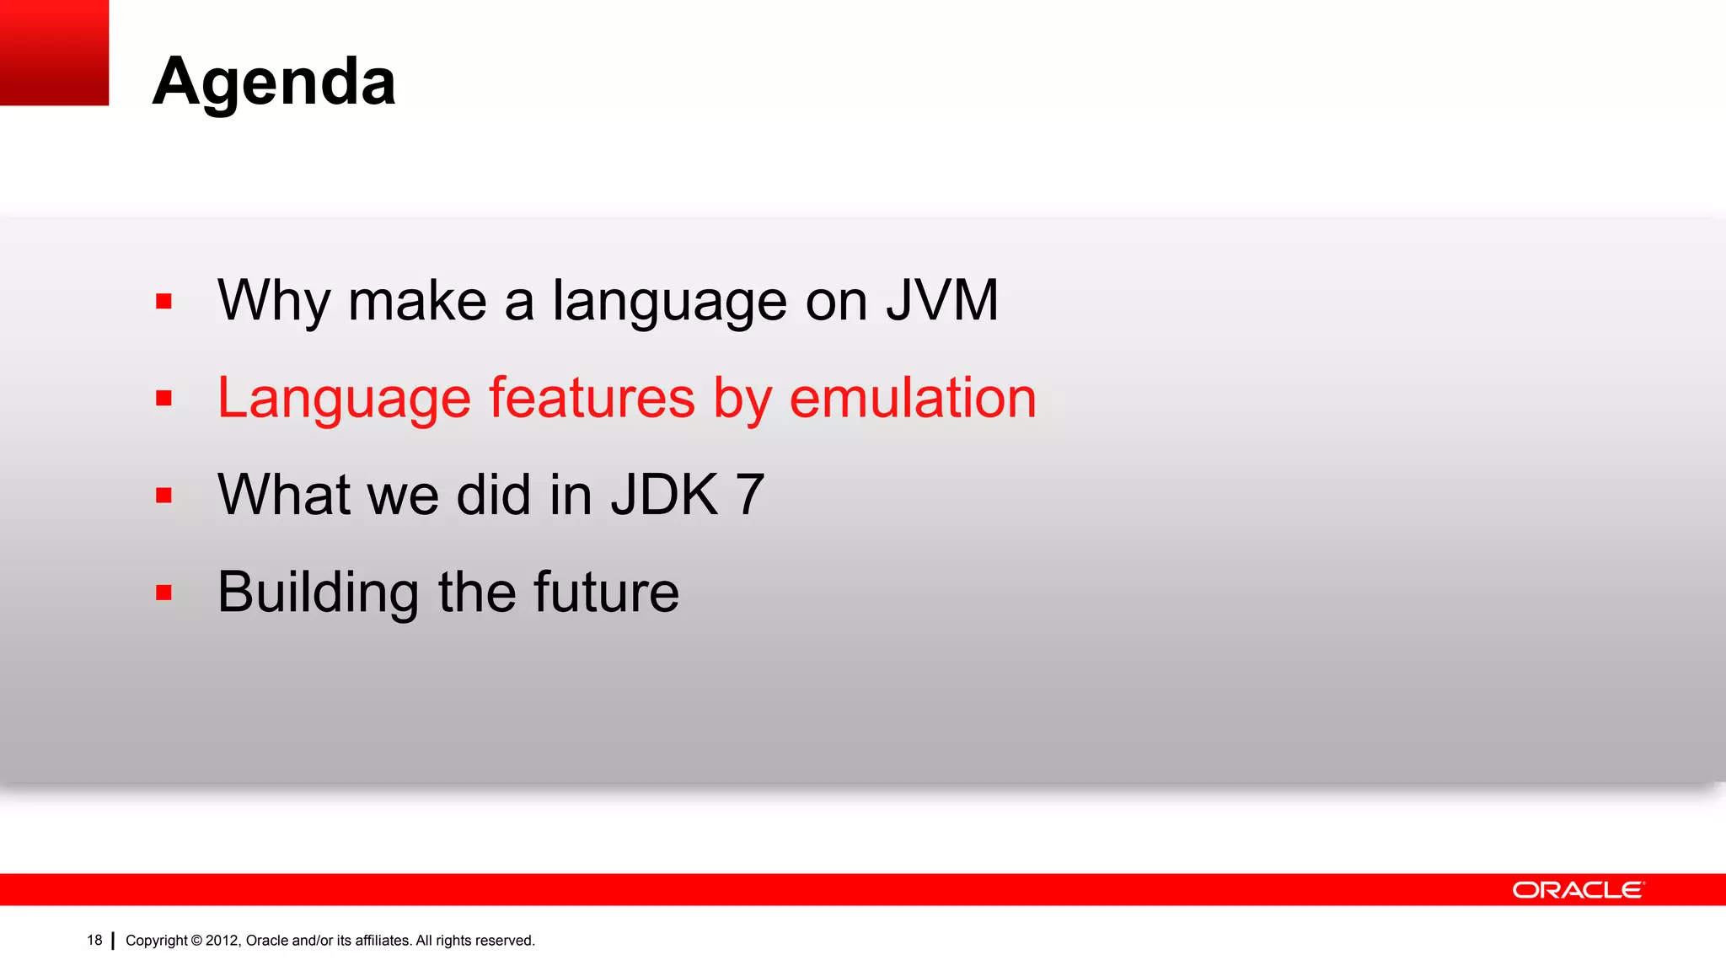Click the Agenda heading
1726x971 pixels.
point(274,82)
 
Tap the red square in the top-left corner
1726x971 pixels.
point(54,52)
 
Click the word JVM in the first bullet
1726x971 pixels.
point(941,300)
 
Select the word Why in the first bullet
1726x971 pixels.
point(273,302)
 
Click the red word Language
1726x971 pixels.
point(343,400)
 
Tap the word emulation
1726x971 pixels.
point(912,398)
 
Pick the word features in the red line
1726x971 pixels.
point(592,398)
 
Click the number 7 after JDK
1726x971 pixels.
point(750,495)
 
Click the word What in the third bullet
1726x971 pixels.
point(284,495)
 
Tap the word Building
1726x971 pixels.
point(318,593)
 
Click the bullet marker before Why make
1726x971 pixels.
point(163,302)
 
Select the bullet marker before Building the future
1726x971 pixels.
point(163,593)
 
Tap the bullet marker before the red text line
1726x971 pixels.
point(163,399)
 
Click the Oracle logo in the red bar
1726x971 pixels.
point(1577,890)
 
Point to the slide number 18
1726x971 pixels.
point(94,941)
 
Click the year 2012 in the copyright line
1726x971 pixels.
point(223,941)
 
